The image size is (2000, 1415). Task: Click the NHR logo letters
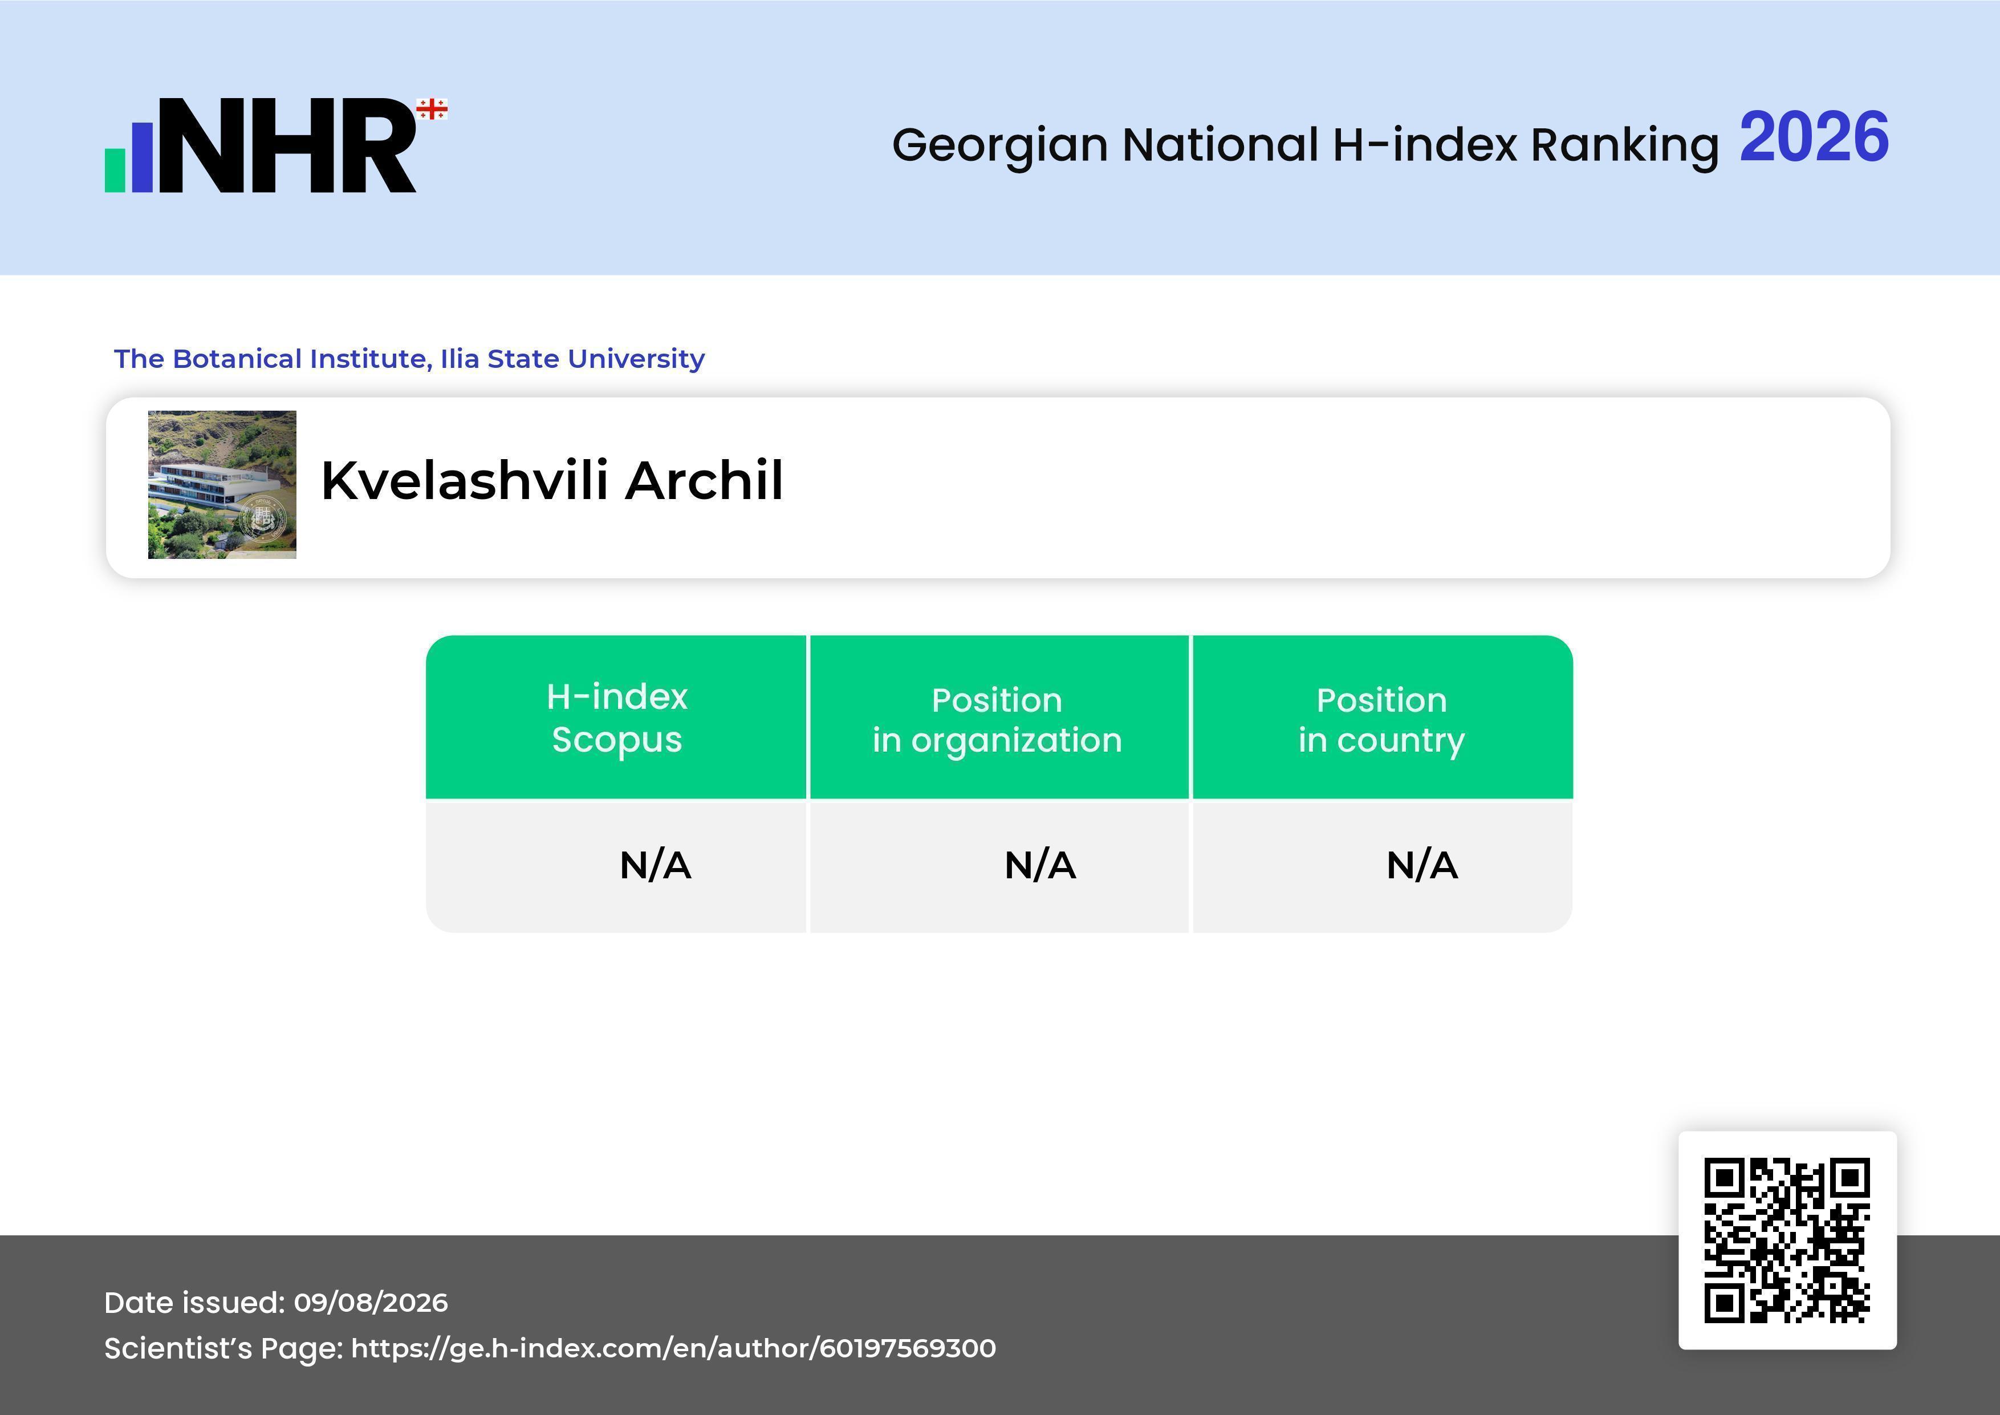287,145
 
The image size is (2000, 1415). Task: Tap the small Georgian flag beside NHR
432,109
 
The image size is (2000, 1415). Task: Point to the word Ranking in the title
1624,145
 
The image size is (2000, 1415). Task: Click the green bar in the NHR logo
115,170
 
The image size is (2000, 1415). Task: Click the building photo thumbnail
222,484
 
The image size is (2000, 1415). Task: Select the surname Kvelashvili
464,480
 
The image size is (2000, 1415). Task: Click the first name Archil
704,480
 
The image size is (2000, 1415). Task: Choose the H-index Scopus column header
617,718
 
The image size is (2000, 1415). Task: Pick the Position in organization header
997,720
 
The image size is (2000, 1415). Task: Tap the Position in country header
1381,720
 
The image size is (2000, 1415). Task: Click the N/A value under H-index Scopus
655,865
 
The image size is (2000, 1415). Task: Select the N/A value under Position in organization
1040,865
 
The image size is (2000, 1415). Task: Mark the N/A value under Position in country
1421,865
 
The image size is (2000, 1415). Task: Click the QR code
1787,1240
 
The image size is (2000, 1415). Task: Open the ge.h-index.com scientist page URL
673,1348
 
